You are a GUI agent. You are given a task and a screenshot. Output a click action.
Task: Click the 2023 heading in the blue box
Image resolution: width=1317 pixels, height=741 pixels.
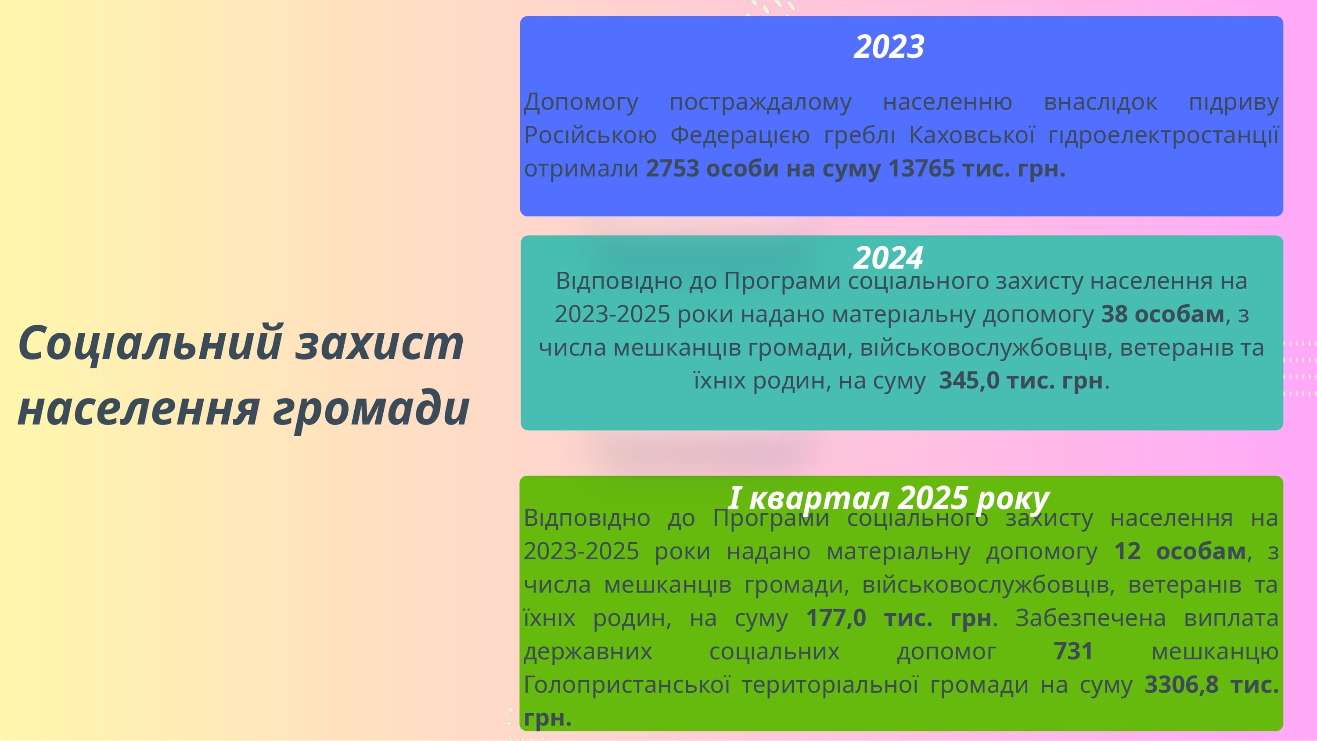click(x=889, y=47)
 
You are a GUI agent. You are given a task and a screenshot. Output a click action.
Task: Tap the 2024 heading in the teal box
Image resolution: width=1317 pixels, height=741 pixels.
click(x=889, y=257)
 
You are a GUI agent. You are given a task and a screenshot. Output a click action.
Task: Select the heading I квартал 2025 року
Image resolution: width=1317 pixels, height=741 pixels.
click(x=889, y=498)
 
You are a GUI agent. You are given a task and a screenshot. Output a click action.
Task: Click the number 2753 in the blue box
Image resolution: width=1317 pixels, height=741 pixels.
click(x=672, y=168)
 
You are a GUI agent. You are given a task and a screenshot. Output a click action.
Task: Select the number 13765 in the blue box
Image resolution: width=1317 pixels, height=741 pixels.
click(x=921, y=168)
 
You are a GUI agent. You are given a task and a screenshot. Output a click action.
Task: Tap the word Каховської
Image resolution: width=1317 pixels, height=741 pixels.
click(x=972, y=135)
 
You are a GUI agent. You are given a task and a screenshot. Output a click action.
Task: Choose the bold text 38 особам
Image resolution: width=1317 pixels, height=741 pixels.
click(x=1163, y=314)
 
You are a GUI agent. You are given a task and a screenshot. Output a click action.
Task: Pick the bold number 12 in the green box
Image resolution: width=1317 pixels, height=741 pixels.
click(x=1127, y=551)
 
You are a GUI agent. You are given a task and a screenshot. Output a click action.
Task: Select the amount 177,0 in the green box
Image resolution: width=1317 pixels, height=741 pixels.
click(x=836, y=618)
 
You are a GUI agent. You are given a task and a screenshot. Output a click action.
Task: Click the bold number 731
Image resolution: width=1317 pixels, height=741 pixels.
click(x=1073, y=651)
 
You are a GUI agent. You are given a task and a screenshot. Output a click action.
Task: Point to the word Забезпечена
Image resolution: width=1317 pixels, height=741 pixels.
click(x=1090, y=618)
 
